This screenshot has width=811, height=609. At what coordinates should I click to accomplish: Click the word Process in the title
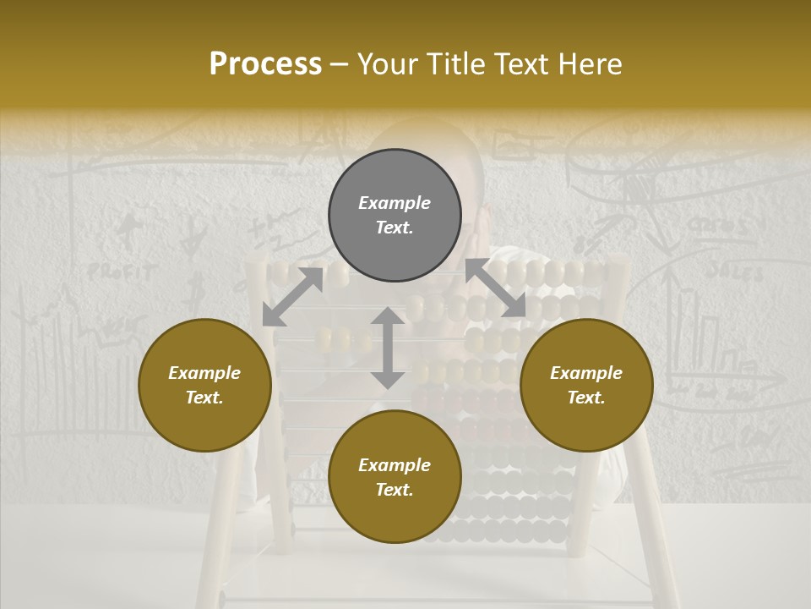coord(265,64)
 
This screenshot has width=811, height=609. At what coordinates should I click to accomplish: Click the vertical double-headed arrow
coord(388,348)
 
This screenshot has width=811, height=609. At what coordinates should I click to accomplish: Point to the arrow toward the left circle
coord(292,296)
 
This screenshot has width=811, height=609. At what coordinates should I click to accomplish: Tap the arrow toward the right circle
coord(496,288)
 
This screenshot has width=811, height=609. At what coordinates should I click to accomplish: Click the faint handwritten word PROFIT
coord(122,272)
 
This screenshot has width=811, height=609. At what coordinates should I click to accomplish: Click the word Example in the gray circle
coord(395,203)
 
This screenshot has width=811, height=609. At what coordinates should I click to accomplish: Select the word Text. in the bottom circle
coord(395,490)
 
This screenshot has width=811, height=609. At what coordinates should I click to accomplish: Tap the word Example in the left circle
coord(204,373)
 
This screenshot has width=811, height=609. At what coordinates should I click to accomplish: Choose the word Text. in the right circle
coord(586,398)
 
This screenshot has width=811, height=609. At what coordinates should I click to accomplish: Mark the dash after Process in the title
coord(340,64)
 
